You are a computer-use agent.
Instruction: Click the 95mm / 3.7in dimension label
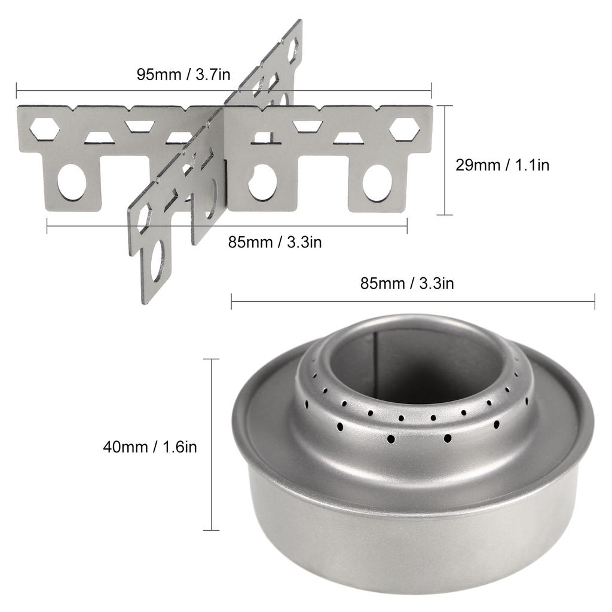click(183, 75)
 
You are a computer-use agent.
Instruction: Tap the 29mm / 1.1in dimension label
click(503, 165)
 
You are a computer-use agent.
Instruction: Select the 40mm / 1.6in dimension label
click(150, 447)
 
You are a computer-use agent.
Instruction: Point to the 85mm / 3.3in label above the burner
click(407, 283)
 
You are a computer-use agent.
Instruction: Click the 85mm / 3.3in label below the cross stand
click(275, 243)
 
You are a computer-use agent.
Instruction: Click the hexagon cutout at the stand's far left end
click(45, 128)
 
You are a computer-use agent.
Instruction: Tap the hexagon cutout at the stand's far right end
click(405, 129)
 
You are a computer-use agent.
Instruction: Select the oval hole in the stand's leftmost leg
click(72, 182)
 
